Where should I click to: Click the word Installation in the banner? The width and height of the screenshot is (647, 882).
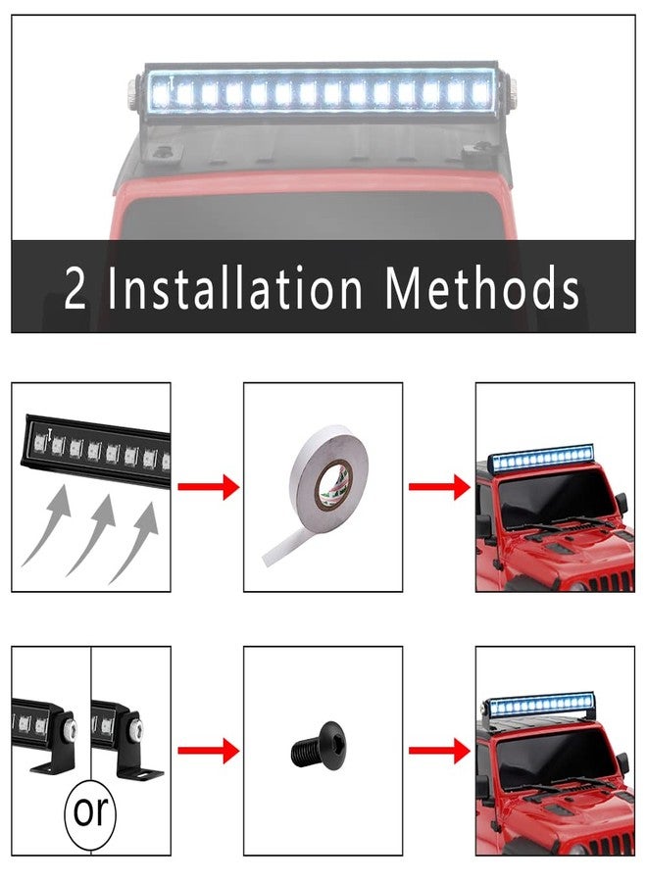(x=234, y=288)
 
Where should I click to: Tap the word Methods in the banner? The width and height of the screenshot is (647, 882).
(x=482, y=288)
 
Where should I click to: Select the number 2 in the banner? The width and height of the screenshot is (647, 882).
(x=75, y=288)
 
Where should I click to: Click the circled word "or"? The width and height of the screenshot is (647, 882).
(x=90, y=810)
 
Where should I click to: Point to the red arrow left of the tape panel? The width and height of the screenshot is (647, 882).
(x=208, y=486)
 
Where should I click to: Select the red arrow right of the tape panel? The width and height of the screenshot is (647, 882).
(x=439, y=486)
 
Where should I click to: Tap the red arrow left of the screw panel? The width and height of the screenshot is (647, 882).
(x=208, y=751)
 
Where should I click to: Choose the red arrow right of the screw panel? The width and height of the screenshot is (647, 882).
(x=439, y=751)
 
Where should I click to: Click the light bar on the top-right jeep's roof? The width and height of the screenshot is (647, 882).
(x=543, y=458)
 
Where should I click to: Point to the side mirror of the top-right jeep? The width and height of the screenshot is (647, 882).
(x=621, y=504)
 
